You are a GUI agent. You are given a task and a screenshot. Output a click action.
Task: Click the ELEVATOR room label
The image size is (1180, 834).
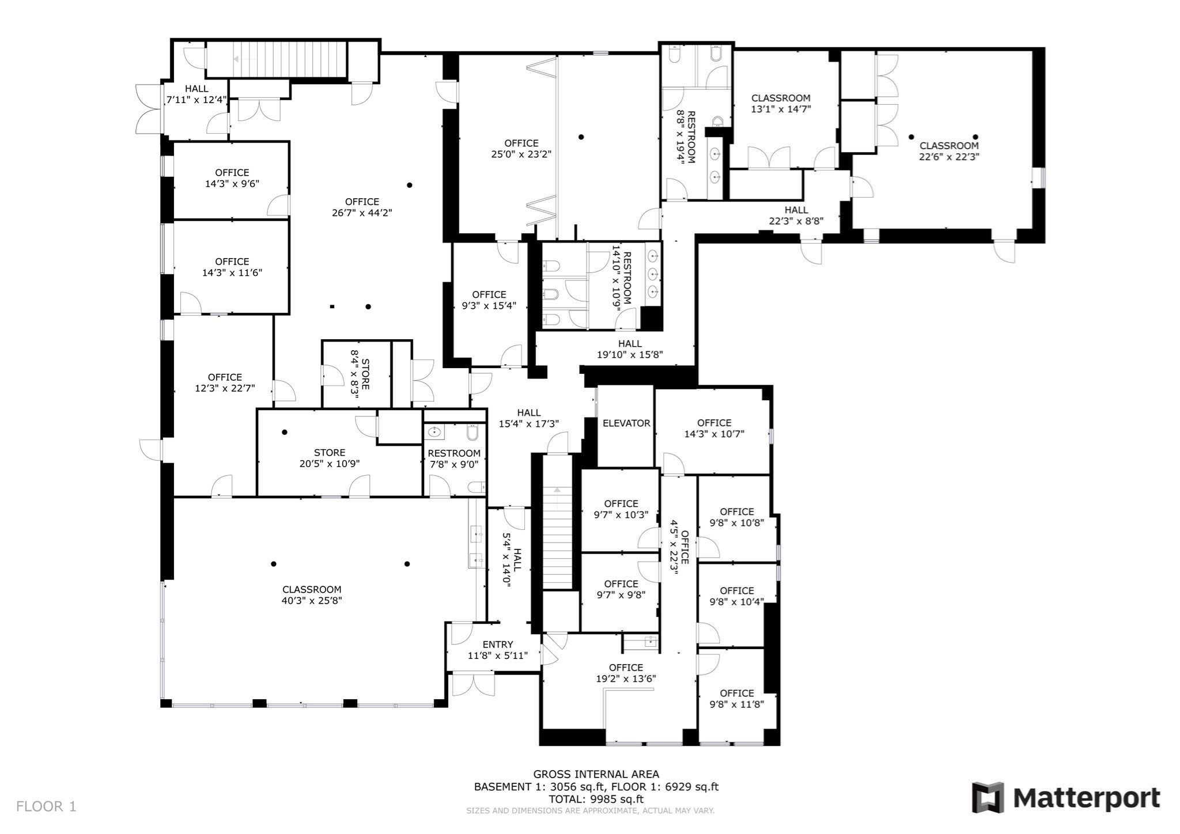pos(626,423)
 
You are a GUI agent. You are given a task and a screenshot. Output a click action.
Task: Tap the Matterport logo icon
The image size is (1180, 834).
pos(988,798)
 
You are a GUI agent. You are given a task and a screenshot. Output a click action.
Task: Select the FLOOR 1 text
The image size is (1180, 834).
pos(46,806)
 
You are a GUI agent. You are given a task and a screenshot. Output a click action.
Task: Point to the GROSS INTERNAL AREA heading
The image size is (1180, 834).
pos(596,774)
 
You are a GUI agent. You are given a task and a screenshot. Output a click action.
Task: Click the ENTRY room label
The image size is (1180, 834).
pos(498,645)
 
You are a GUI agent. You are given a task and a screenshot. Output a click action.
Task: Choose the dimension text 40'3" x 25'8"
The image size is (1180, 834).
pos(312,601)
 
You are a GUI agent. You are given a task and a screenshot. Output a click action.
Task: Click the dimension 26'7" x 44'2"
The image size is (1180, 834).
pos(362,213)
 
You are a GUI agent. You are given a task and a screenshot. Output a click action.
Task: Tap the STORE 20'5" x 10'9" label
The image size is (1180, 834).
pos(330,458)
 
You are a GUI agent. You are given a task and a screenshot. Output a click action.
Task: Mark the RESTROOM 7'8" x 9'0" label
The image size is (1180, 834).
pos(454,459)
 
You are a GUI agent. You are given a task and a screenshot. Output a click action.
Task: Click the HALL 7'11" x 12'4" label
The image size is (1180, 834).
pos(196,94)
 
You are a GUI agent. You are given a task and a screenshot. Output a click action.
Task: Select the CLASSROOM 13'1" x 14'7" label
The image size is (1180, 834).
pos(781,103)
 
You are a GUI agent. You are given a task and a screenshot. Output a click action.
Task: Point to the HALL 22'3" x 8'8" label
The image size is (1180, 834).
pos(796,215)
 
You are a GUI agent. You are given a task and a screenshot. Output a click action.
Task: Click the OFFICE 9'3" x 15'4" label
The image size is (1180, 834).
pos(489,300)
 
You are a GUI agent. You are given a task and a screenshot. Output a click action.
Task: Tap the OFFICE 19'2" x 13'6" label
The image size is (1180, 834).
pos(626,673)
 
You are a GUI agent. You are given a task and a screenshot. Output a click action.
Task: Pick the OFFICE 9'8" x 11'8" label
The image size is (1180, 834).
pos(737,698)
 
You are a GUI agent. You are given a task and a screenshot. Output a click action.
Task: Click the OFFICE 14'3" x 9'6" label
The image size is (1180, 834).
pos(232,178)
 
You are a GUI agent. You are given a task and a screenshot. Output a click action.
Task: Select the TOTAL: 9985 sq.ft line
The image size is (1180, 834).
pos(596,799)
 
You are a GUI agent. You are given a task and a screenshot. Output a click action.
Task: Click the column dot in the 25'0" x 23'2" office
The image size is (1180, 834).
pos(581,137)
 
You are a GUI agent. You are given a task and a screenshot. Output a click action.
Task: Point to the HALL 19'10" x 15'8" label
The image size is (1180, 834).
pos(630,349)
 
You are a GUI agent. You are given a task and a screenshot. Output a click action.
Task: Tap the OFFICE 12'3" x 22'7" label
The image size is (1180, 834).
pos(225,383)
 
